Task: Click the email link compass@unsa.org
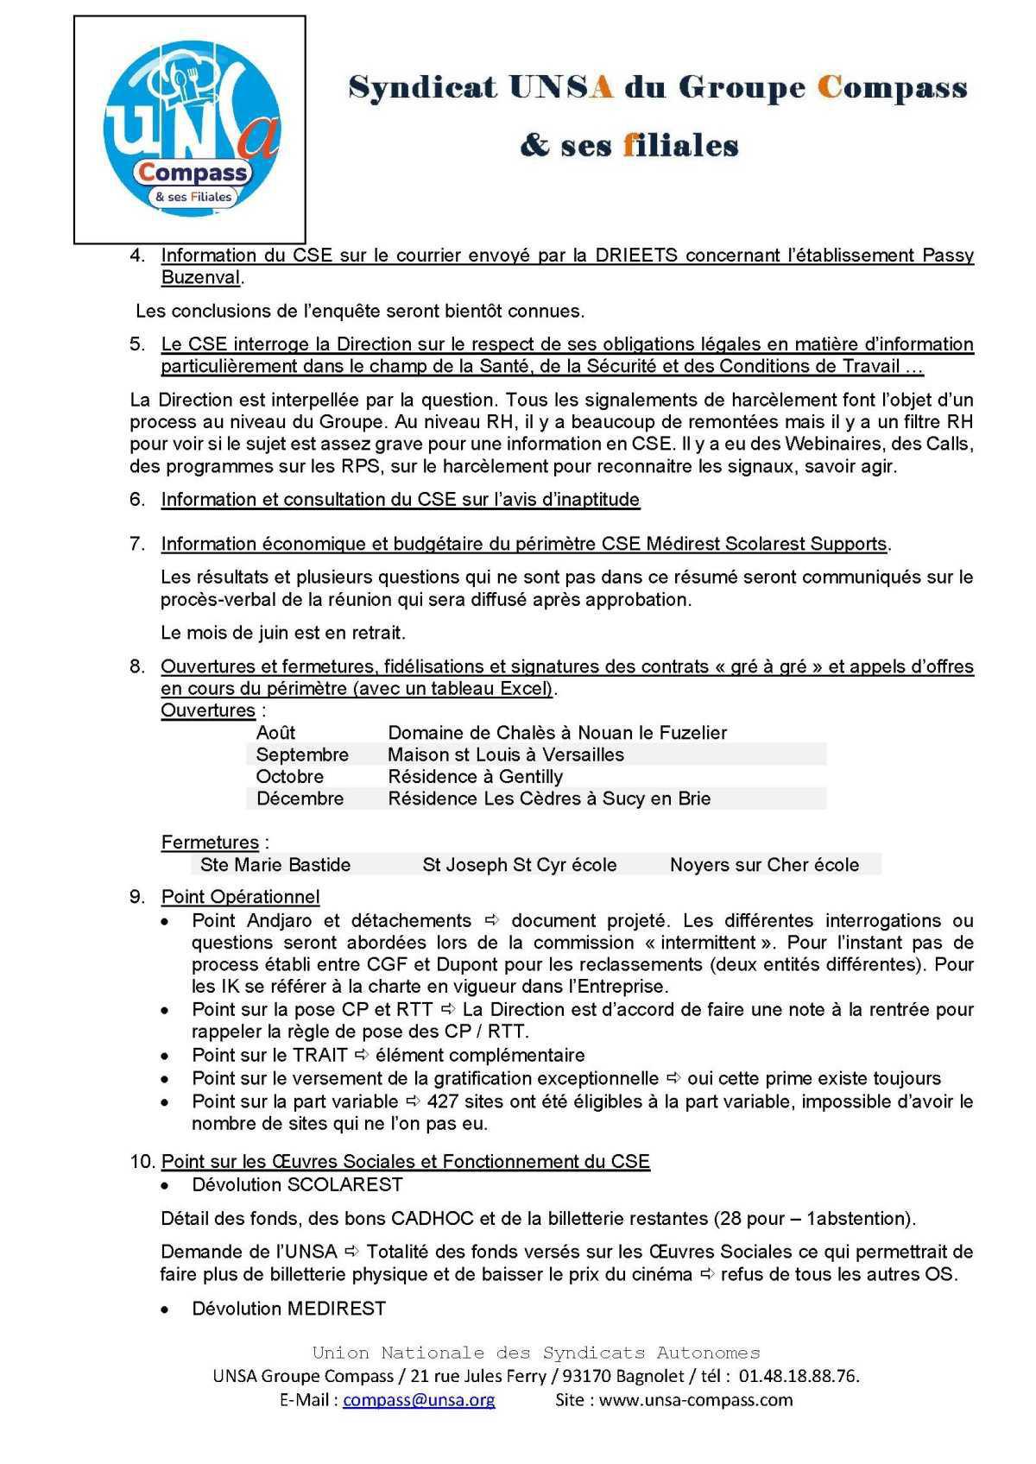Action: [419, 1399]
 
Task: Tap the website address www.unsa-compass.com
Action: [695, 1399]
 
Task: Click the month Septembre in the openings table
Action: [302, 754]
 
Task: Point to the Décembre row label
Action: [300, 798]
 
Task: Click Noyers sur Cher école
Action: [764, 865]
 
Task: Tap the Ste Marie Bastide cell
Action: [275, 865]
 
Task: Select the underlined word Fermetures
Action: [210, 842]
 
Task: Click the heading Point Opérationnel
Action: [240, 897]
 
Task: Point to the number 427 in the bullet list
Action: [443, 1101]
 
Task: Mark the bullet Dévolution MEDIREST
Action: [288, 1309]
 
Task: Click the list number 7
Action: [136, 544]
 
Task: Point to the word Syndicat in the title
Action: [423, 88]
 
